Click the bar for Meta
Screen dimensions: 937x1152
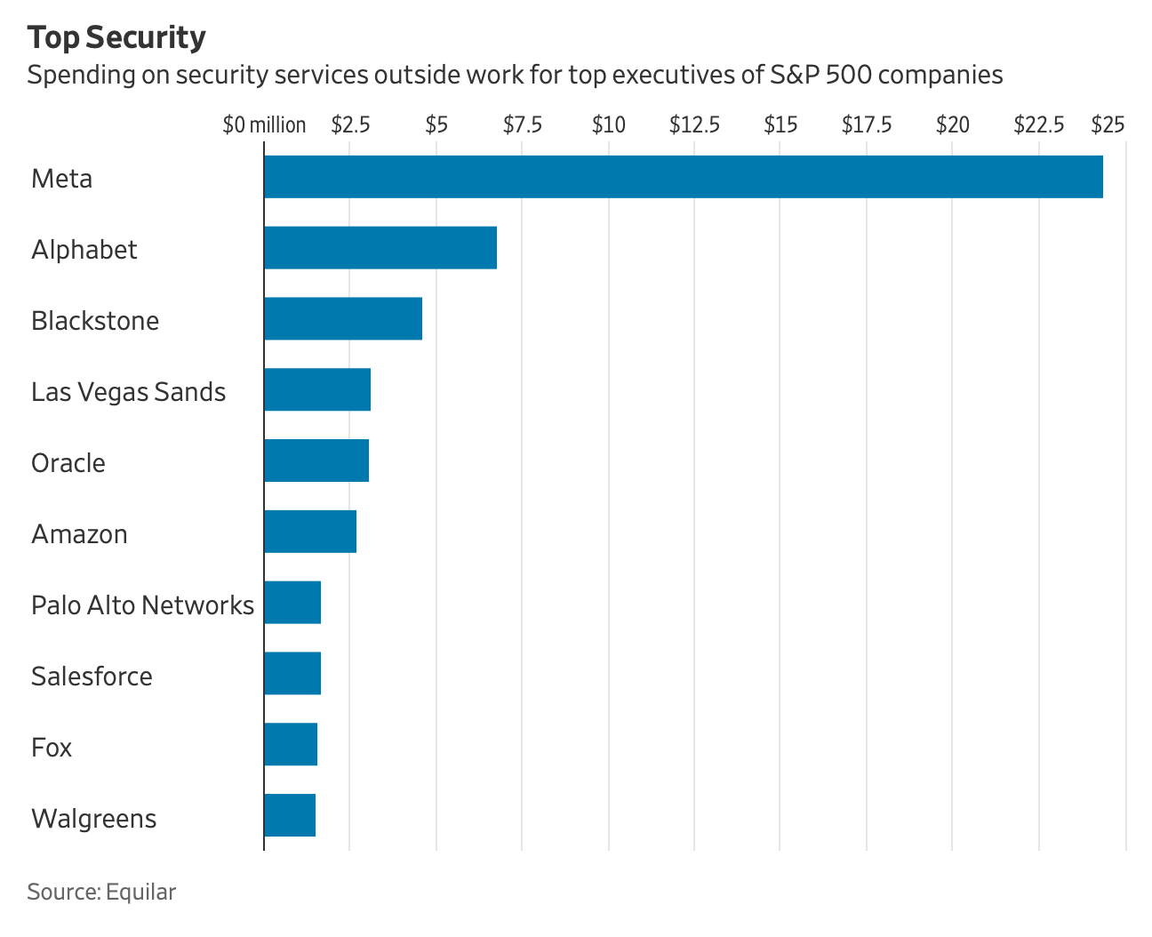(683, 176)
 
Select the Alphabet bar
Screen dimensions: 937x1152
(380, 247)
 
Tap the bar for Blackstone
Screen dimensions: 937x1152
(343, 318)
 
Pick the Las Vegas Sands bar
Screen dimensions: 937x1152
(317, 389)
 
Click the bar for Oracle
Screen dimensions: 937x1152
(316, 460)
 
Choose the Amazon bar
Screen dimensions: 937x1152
(310, 532)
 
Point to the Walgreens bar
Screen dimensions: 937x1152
(290, 815)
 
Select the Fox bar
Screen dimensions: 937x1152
(291, 744)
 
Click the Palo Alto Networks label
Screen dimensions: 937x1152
(142, 605)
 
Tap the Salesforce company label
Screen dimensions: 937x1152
(92, 677)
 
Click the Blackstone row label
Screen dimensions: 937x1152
(95, 321)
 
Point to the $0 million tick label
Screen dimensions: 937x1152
(264, 125)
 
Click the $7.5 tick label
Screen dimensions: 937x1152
(522, 125)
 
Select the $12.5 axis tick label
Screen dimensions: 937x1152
(694, 125)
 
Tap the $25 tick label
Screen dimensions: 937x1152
(1108, 125)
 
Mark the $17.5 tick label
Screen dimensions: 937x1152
(867, 125)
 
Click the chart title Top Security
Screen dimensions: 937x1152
(116, 38)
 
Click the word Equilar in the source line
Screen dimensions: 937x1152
(140, 892)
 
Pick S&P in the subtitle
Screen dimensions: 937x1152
(794, 75)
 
